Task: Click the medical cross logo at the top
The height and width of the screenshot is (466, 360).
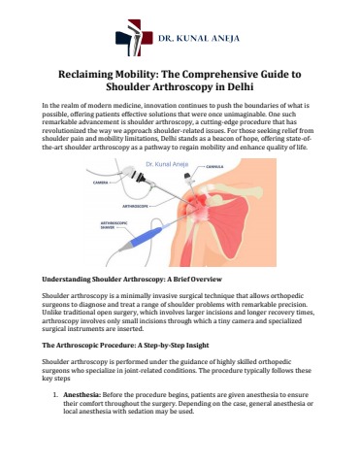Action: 134,38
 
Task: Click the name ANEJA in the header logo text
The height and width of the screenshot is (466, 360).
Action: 225,38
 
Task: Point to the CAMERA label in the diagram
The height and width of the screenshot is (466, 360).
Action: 100,183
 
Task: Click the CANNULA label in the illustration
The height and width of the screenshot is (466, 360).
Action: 214,167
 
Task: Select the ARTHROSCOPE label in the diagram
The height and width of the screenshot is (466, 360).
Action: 136,206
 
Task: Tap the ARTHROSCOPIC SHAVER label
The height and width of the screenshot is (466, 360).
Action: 110,225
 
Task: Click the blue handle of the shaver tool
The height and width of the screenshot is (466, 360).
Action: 145,237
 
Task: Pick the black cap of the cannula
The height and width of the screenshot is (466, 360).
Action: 187,176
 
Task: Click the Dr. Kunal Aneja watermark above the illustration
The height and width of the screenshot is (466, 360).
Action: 167,164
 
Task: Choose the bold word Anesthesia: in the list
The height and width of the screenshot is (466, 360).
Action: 82,395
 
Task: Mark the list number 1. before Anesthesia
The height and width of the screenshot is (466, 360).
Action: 55,395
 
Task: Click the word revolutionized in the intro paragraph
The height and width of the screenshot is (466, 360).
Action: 63,130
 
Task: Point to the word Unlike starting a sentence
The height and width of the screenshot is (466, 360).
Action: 49,313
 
